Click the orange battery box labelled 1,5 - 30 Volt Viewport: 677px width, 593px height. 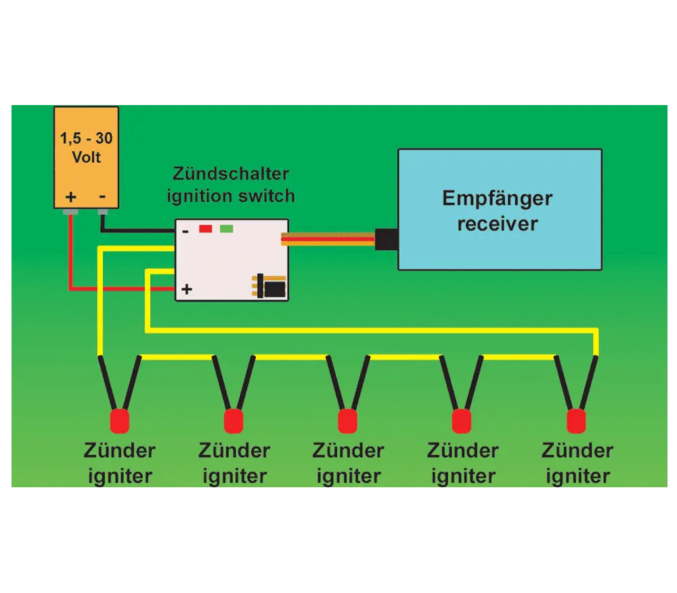(87, 157)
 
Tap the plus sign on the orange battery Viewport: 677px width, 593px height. (71, 197)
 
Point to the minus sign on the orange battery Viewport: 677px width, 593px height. (102, 197)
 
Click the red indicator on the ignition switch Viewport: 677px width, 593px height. (206, 228)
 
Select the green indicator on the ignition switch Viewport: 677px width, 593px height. (227, 228)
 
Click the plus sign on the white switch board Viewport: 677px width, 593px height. (187, 289)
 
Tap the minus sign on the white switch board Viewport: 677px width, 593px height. (185, 232)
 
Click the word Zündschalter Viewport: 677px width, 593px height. (231, 173)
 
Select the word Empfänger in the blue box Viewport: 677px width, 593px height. (498, 199)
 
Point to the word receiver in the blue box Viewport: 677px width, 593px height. (498, 224)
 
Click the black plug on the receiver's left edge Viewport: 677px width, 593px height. (387, 239)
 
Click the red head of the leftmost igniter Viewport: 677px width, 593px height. (120, 422)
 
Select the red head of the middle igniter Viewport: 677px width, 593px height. (347, 422)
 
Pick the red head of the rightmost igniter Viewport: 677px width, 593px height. (576, 422)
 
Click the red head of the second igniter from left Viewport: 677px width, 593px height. (234, 422)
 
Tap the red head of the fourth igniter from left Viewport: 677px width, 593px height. (462, 422)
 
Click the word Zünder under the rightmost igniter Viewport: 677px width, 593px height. (577, 451)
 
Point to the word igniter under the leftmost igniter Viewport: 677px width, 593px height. (120, 476)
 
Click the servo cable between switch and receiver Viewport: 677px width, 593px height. (328, 239)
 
